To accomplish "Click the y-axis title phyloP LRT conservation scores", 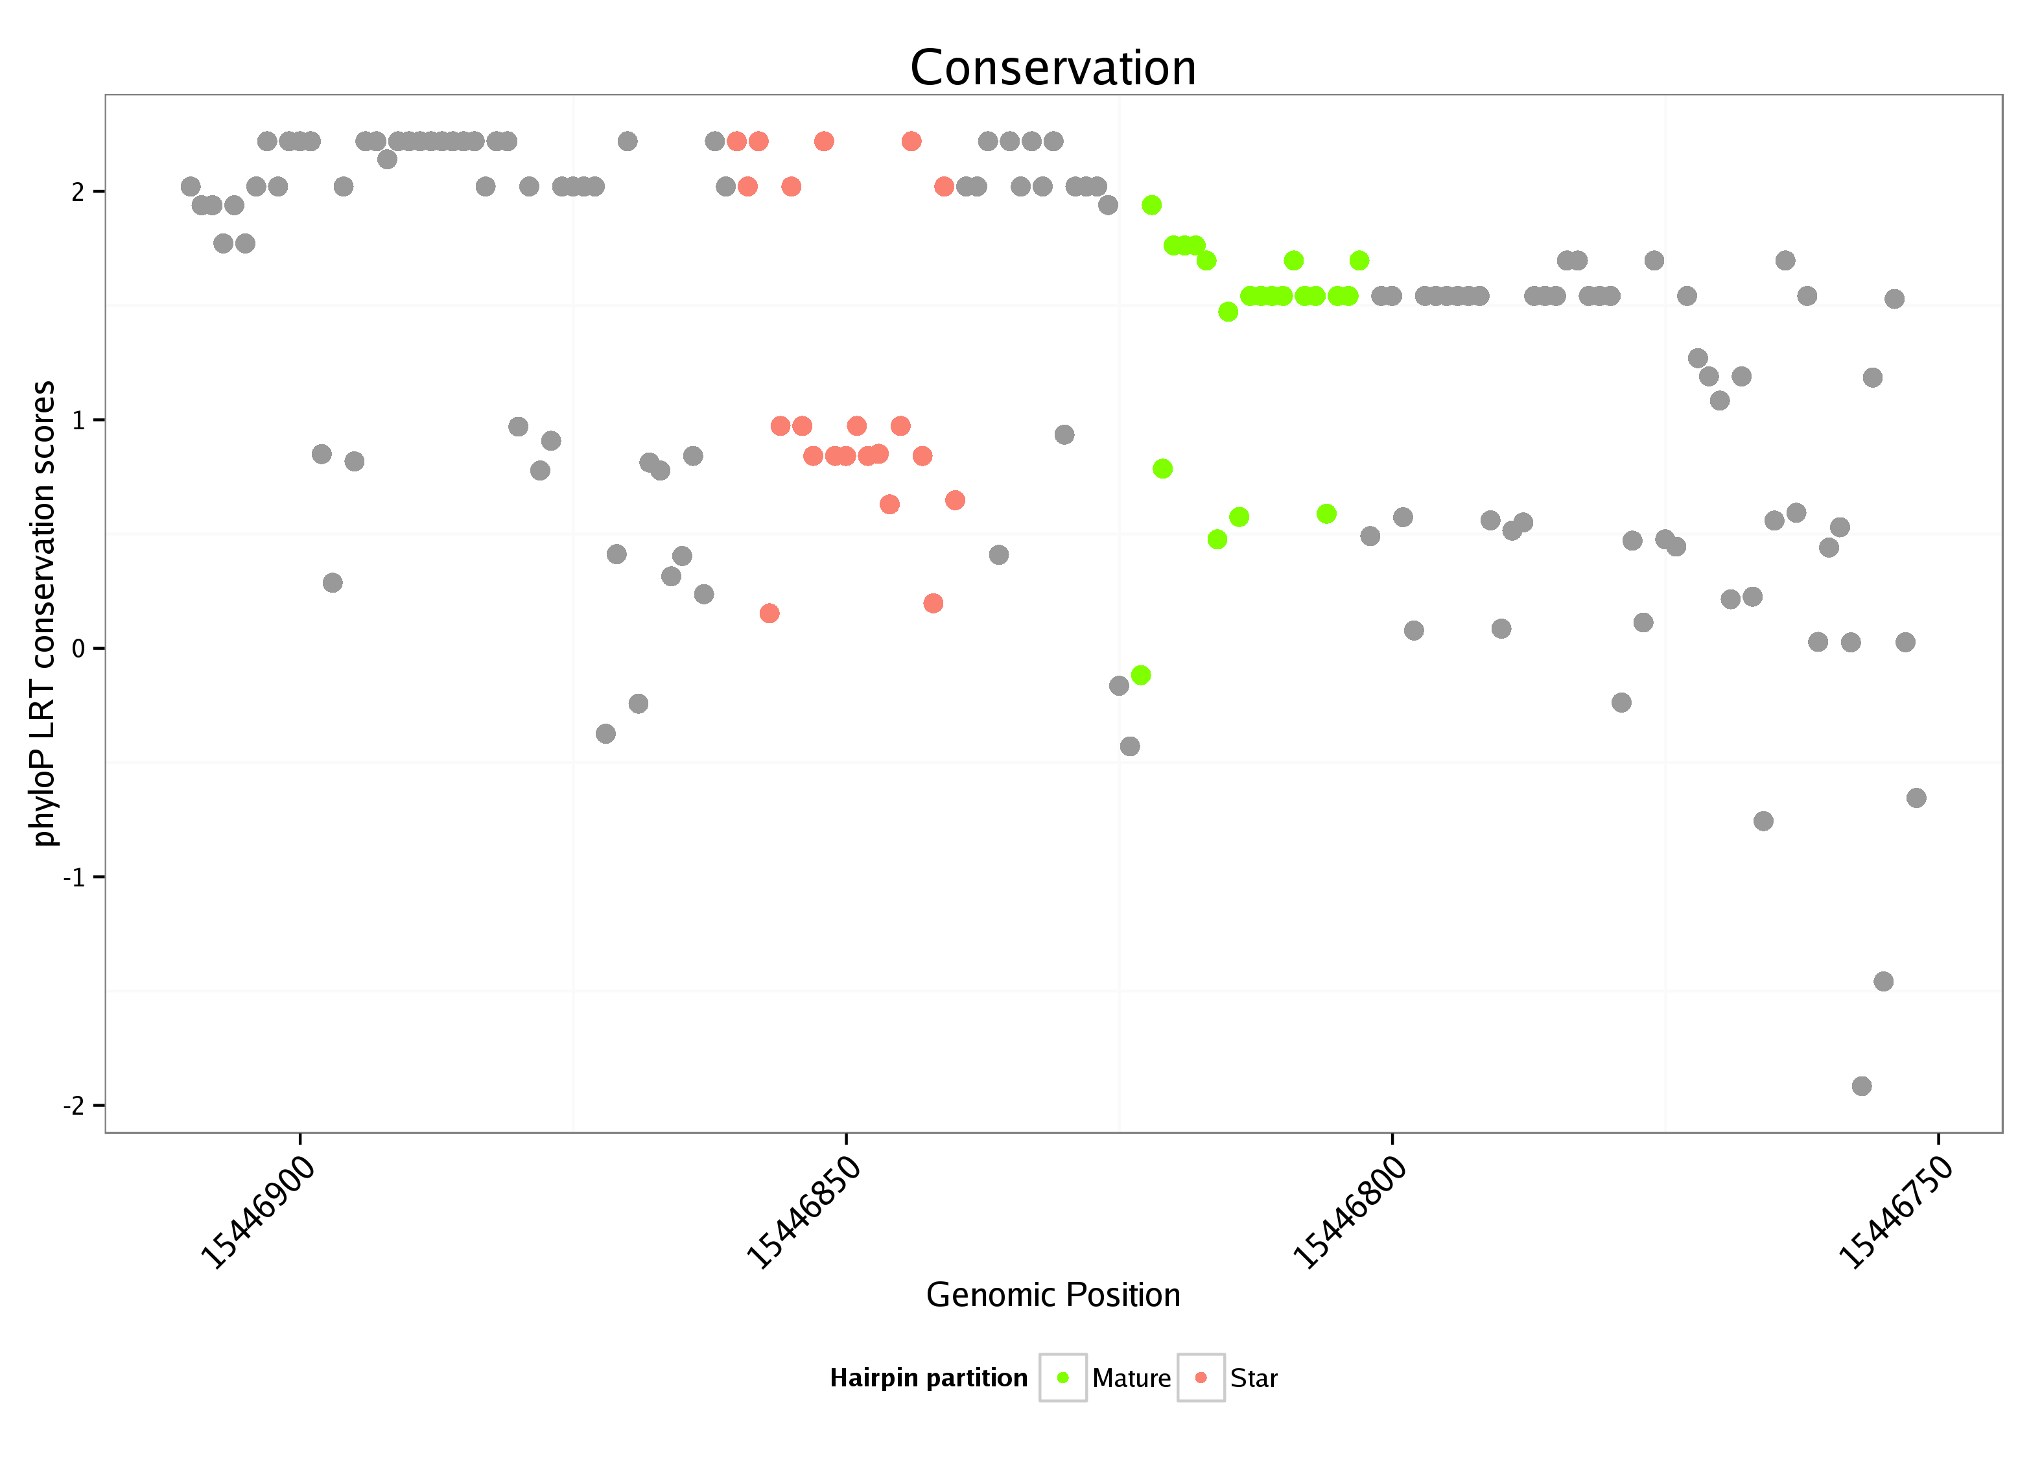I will (43, 613).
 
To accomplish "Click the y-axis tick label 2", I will (78, 192).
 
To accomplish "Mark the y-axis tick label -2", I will (74, 1105).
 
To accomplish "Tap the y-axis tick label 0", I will (78, 648).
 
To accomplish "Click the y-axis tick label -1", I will (74, 877).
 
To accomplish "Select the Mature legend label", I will (1131, 1378).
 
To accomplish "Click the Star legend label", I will (1254, 1378).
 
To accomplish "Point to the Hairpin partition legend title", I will (928, 1378).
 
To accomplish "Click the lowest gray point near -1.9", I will (1862, 1086).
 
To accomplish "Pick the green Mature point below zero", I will (1140, 674).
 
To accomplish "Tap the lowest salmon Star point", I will (769, 613).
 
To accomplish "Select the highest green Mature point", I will (1151, 205).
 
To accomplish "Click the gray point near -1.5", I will (1883, 981).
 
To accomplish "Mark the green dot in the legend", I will (1063, 1377).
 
